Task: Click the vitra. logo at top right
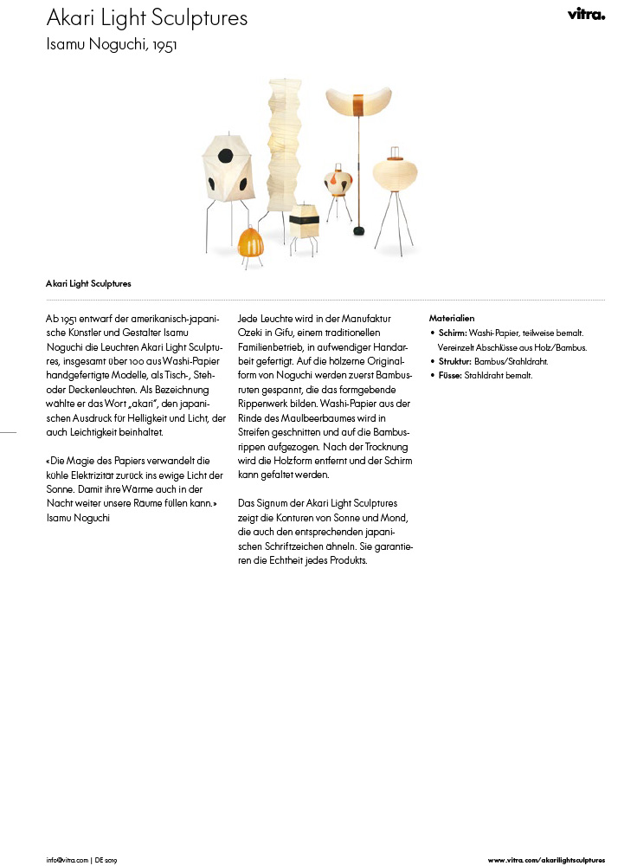586,14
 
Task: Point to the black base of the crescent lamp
357,230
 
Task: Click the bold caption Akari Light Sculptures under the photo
88,282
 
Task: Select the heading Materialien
452,319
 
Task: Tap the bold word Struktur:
454,361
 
